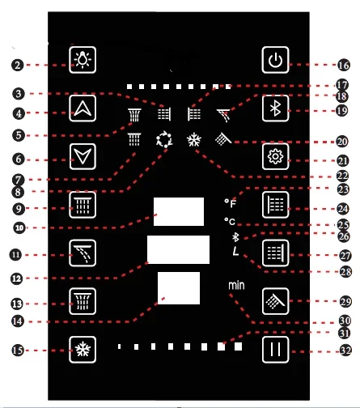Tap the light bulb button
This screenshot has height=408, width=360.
click(x=83, y=60)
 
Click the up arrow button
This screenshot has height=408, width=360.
click(x=83, y=108)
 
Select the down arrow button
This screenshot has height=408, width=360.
click(x=83, y=156)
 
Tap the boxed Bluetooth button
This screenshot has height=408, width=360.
click(x=275, y=108)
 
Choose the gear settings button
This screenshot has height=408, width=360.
click(x=275, y=156)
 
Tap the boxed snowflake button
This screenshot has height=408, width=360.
click(x=83, y=350)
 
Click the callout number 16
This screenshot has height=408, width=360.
click(x=343, y=66)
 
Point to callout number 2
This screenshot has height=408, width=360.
click(x=18, y=66)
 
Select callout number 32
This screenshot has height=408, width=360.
click(x=345, y=351)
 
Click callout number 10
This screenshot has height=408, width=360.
click(x=19, y=228)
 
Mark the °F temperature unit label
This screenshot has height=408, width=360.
click(x=231, y=203)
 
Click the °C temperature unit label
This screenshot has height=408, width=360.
click(x=230, y=221)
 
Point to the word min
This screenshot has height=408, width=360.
click(x=236, y=286)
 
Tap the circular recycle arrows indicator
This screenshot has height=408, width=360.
click(x=164, y=139)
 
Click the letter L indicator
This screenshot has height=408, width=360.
click(x=235, y=251)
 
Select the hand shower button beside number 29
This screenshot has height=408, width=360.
click(x=275, y=301)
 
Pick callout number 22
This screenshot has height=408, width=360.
click(x=342, y=176)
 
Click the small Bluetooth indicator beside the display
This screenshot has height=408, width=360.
click(x=235, y=237)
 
